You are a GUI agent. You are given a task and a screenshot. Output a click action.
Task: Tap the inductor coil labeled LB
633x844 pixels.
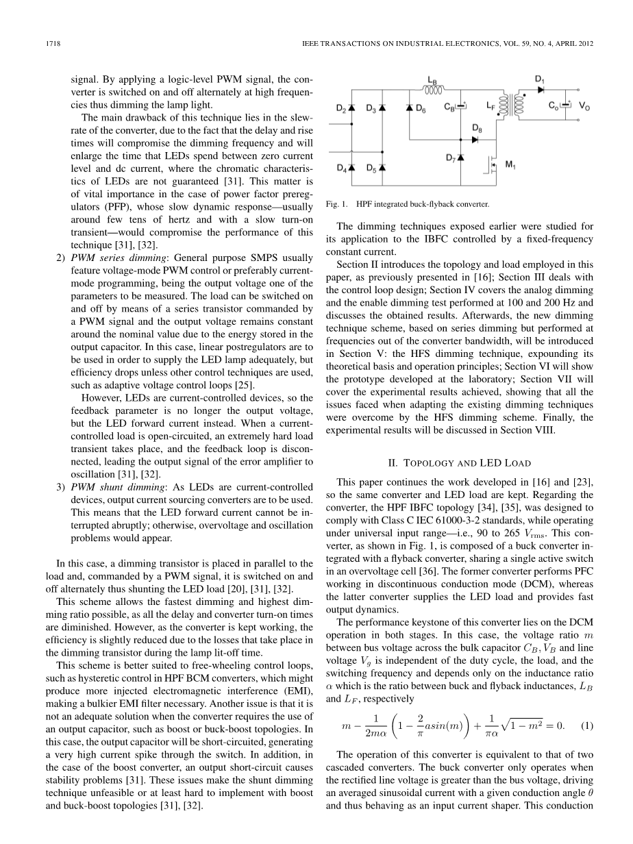coord(433,88)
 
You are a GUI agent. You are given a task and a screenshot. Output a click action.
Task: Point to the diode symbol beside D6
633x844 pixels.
coord(410,108)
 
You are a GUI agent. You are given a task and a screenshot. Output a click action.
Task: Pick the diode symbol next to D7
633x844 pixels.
coord(460,159)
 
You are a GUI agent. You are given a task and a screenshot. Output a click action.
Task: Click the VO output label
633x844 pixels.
coord(584,108)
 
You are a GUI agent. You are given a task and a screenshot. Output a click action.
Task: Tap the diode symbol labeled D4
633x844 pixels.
coord(351,167)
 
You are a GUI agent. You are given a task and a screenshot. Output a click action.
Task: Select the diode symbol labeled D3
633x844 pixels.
coord(382,108)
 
